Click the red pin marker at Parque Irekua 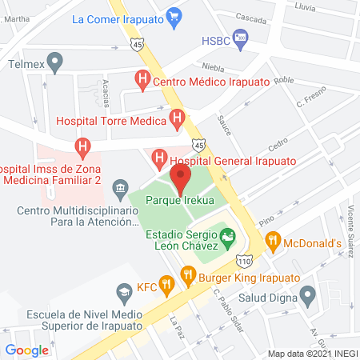180,177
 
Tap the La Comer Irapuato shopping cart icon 174,16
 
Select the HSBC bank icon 243,38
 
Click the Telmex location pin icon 54,60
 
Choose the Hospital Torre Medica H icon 178,121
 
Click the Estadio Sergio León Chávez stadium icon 228,236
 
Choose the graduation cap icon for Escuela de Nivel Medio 123,290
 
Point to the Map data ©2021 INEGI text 311,353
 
